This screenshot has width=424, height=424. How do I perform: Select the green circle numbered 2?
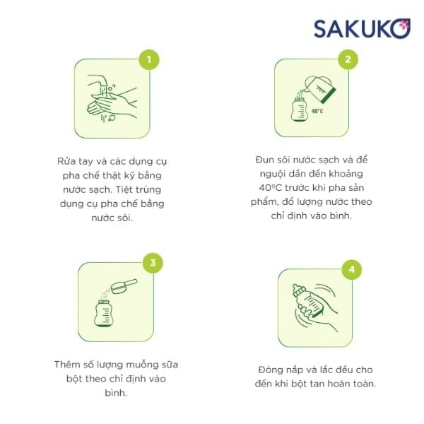pos(347,59)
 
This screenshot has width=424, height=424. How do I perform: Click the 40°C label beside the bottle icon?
pos(317,112)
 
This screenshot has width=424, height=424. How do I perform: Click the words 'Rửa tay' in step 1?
pos(73,160)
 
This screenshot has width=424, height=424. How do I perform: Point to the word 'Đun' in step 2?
pos(264,160)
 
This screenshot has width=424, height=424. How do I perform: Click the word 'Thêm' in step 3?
pos(68,365)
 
